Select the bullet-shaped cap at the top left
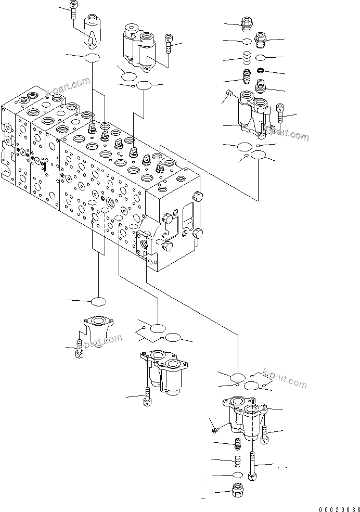[x=92, y=31]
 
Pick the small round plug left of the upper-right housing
[x=229, y=94]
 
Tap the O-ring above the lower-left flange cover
[x=97, y=301]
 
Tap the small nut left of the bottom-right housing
[x=215, y=429]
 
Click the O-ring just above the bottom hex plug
[x=237, y=475]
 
